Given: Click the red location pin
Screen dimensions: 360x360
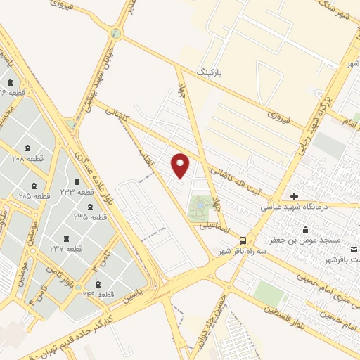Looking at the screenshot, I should [x=181, y=165].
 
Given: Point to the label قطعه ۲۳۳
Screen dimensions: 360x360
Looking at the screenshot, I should [x=77, y=192].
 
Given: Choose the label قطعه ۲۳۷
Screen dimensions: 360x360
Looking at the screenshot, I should [x=66, y=248].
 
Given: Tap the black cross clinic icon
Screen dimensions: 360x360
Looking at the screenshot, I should [x=294, y=195].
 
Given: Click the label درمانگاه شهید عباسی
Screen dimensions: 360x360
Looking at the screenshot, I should [x=290, y=207].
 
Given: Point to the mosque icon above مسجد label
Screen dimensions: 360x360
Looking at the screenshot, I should [x=305, y=229].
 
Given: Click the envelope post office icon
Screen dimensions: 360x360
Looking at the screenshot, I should [x=354, y=250].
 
